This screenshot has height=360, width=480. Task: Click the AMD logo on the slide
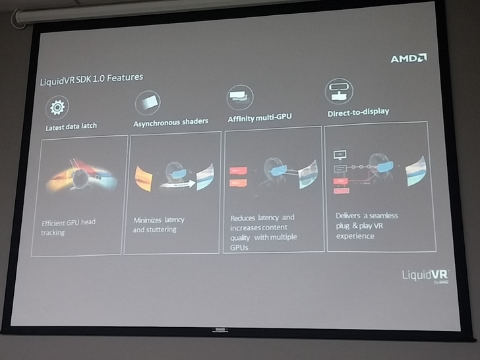[408, 58]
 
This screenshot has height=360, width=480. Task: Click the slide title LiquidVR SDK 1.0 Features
[92, 78]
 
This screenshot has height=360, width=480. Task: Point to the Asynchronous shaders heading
[171, 122]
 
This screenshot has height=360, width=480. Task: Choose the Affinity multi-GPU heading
[260, 117]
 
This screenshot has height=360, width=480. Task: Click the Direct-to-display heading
[358, 112]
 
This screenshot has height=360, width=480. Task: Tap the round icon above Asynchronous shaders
[147, 103]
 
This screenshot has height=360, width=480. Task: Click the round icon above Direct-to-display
[339, 91]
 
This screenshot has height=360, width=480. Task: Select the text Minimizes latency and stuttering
[159, 224]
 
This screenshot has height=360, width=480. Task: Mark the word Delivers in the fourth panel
[349, 216]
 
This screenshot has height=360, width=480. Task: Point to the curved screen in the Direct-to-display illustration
[415, 170]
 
